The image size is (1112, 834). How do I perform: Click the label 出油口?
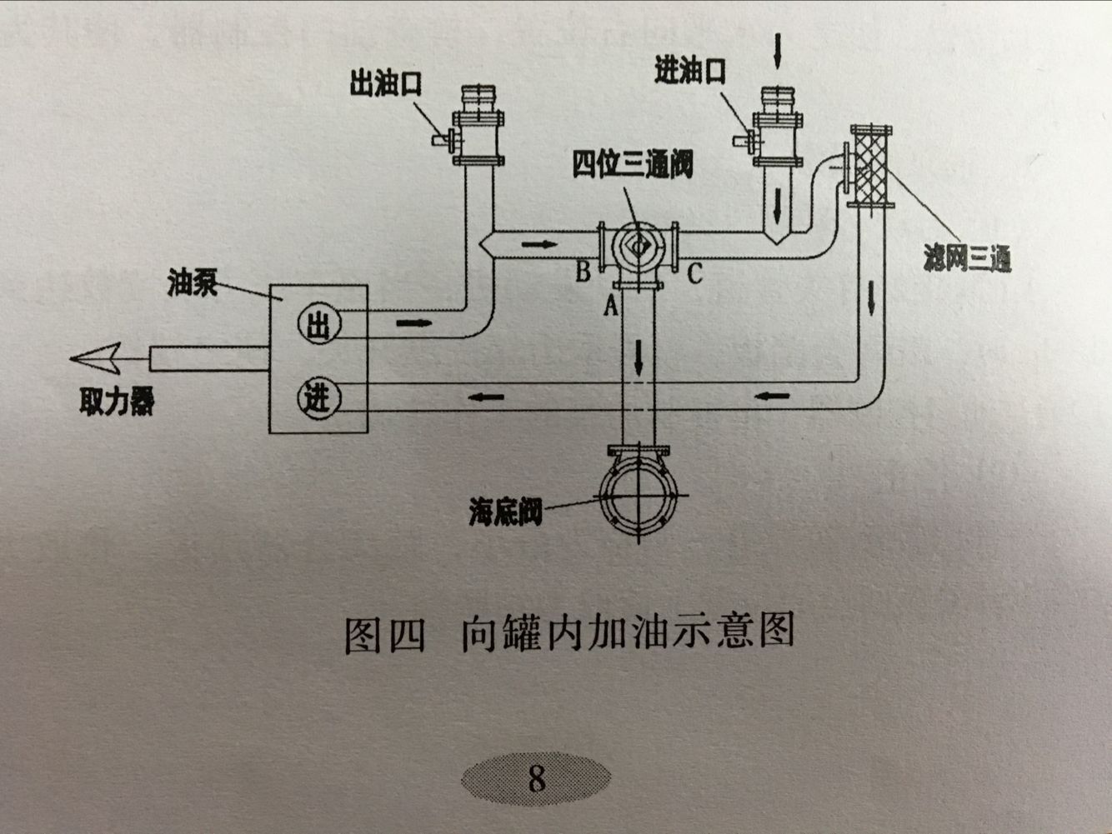(x=385, y=84)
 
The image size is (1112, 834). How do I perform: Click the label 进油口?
(x=689, y=72)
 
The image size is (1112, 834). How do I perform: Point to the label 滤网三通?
(x=967, y=259)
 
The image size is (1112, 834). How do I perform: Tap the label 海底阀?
(x=505, y=512)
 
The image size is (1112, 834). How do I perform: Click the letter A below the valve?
(x=610, y=306)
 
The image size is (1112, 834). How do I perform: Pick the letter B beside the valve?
(x=583, y=271)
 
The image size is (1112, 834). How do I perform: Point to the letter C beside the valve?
(x=694, y=272)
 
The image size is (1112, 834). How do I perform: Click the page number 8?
(x=536, y=778)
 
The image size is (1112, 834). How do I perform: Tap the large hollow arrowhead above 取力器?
(x=97, y=359)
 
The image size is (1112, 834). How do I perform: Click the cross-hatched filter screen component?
(x=870, y=166)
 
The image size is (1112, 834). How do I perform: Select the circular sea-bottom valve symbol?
(x=639, y=497)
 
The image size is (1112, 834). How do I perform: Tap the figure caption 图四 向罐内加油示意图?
(x=569, y=632)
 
